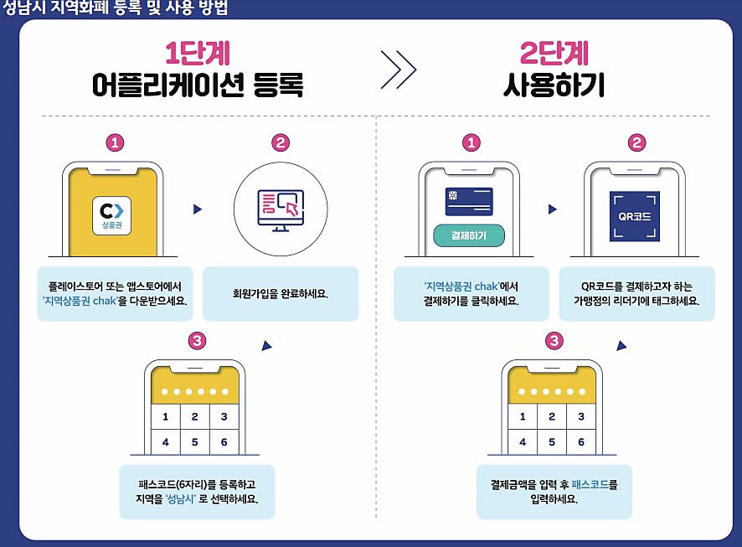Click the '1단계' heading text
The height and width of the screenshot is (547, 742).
pos(197,54)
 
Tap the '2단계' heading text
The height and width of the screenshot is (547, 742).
pos(554,54)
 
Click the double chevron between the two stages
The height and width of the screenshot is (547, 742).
pos(399,70)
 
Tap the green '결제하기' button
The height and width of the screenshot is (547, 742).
pos(469,235)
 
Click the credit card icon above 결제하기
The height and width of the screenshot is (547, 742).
pos(469,202)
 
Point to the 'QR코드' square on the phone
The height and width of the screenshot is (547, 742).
pos(634,216)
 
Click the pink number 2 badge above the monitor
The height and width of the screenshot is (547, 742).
pos(281,143)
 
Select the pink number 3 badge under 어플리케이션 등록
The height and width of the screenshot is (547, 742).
pos(196,341)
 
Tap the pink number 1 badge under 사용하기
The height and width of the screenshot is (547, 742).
pos(471,143)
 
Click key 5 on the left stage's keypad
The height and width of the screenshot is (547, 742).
pos(194,441)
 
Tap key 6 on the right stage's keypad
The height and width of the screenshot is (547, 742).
pos(581,441)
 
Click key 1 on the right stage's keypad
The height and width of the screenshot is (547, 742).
pos(523,416)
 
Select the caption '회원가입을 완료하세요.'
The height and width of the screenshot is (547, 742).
pos(280,294)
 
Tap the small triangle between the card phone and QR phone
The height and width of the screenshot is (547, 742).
pos(553,209)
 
